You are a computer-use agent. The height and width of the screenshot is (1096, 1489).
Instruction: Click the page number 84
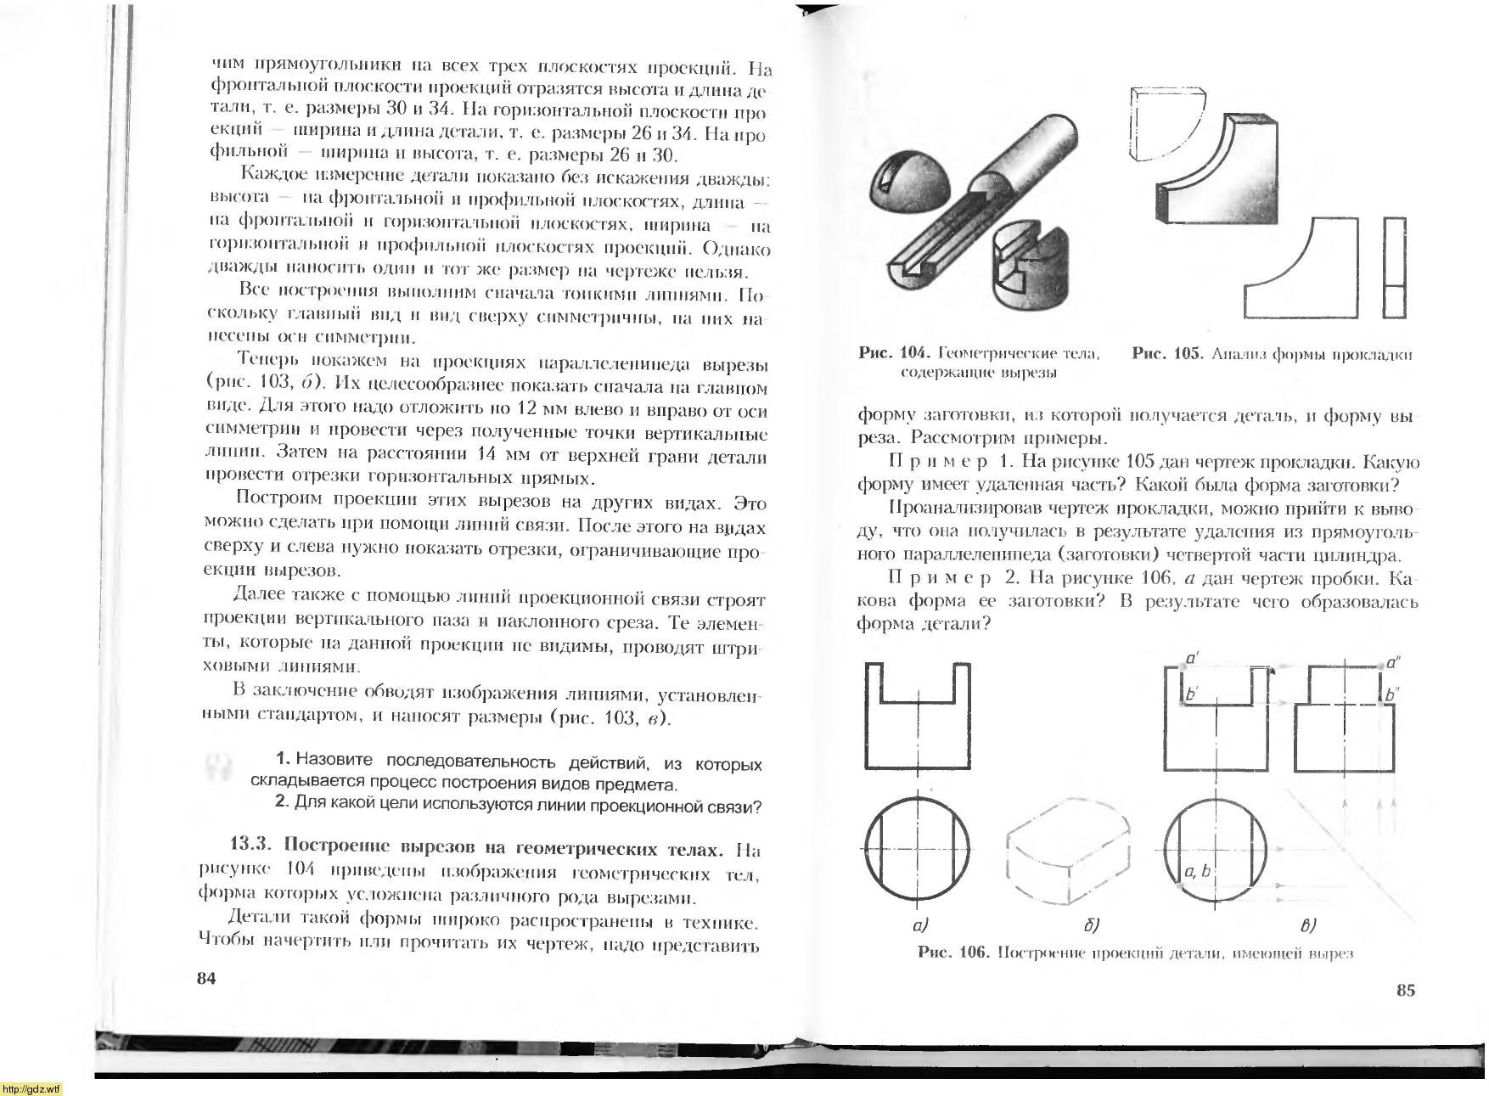pos(206,978)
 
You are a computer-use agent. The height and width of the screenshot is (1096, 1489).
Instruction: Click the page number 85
pos(1406,990)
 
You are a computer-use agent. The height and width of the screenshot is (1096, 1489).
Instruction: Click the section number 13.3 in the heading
pos(250,847)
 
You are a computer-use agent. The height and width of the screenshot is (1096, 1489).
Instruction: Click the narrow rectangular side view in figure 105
pos(1394,267)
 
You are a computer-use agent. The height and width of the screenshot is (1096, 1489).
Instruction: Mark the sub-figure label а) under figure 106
pos(919,925)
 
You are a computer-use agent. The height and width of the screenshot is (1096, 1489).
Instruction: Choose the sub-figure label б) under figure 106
pos(1092,925)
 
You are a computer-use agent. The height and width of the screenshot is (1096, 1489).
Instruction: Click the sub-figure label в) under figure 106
pos(1307,925)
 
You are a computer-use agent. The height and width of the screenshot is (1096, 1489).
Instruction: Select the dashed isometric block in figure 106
pos(1068,850)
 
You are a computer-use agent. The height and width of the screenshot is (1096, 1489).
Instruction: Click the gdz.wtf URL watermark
pos(31,1089)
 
